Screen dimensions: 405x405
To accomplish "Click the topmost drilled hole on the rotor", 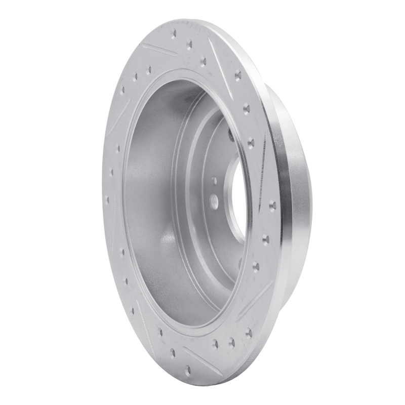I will pos(174,34).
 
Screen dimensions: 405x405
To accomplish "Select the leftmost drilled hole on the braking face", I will pos(106,199).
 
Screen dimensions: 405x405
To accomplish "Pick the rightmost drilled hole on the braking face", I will pos(272,205).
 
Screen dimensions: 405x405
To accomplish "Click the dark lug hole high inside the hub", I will pos(231,136).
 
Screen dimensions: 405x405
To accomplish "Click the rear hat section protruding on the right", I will pos(296,202).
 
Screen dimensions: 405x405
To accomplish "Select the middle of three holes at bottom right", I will pos(231,343).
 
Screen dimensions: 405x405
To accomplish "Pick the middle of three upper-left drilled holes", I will pos(135,77).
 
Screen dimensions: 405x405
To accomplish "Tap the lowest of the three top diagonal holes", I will pos(203,61).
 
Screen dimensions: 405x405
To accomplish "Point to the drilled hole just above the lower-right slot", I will pos(256,266).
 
